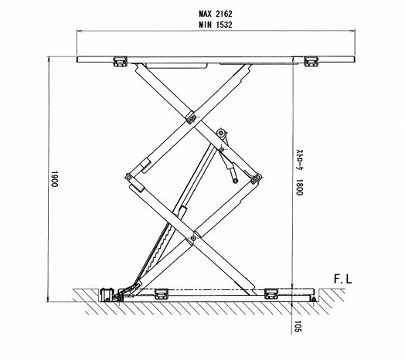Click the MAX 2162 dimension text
pyautogui.click(x=216, y=14)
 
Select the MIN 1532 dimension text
pyautogui.click(x=216, y=25)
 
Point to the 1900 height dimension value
pyautogui.click(x=54, y=178)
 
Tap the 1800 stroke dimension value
pyautogui.click(x=299, y=188)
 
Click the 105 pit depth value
pyautogui.click(x=298, y=327)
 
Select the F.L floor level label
pyautogui.click(x=342, y=279)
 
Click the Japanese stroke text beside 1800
pyautogui.click(x=299, y=161)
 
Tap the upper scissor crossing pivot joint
pyautogui.click(x=192, y=119)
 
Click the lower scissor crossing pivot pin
pyautogui.click(x=193, y=238)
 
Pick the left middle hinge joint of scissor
pyautogui.click(x=128, y=178)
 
